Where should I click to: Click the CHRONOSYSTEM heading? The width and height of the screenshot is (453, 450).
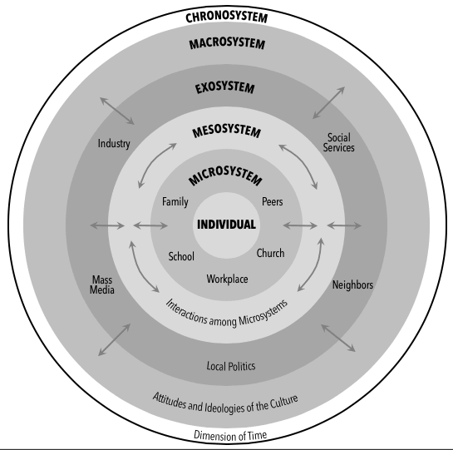tap(226, 12)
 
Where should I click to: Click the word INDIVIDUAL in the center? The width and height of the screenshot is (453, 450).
tap(226, 225)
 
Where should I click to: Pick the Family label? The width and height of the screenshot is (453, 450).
tap(175, 201)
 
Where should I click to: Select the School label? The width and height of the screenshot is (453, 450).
tap(181, 256)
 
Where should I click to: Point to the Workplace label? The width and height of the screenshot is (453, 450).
tap(227, 279)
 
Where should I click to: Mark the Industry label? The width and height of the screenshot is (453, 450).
tap(114, 143)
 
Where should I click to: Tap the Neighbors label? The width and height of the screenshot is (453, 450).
tap(352, 284)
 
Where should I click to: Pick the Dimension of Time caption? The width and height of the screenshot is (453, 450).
tap(226, 436)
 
